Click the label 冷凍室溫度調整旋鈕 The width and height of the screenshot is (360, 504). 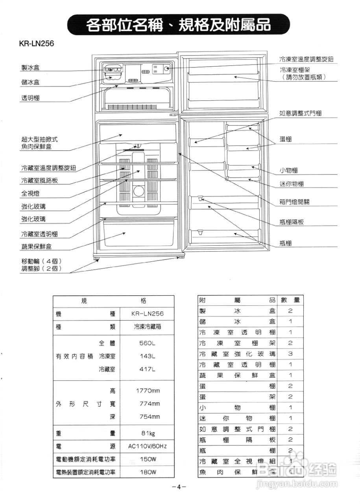click(x=306, y=59)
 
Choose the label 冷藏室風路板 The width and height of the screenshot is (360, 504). click(x=39, y=181)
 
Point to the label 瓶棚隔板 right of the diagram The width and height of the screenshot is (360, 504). click(x=292, y=222)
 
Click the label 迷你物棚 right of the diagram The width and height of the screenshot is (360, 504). click(x=292, y=184)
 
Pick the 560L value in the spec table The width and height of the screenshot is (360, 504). click(x=147, y=343)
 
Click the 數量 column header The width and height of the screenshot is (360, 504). click(x=290, y=300)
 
